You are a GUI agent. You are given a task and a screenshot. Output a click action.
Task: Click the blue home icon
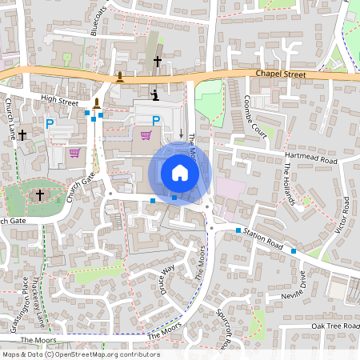pyautogui.click(x=180, y=173)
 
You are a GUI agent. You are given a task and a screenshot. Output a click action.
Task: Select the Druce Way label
pyautogui.click(x=166, y=277)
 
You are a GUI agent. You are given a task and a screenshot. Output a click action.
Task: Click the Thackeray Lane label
pyautogui.click(x=38, y=300)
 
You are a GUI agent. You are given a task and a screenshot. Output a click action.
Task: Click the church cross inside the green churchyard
pyautogui.click(x=40, y=194)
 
